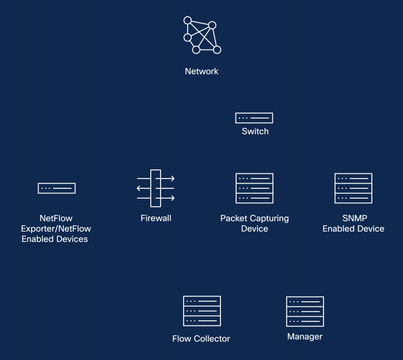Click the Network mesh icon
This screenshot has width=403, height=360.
tap(201, 35)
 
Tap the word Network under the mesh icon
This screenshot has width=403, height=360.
tap(201, 71)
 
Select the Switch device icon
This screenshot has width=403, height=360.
tap(254, 118)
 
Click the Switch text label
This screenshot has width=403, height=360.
tap(254, 131)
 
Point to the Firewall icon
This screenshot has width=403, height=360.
tap(155, 188)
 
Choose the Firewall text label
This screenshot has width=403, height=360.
tap(155, 218)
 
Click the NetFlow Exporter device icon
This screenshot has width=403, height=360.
tap(56, 188)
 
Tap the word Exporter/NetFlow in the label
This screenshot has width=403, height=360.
tap(56, 229)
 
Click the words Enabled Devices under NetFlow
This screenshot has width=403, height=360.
tap(55, 238)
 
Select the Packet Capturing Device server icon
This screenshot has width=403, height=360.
tap(254, 188)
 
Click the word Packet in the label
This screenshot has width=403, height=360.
tap(233, 219)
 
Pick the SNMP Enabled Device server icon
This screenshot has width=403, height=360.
tap(353, 188)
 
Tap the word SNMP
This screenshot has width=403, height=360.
tap(353, 219)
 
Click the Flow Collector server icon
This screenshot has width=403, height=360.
tap(201, 311)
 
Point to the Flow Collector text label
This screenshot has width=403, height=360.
tap(201, 339)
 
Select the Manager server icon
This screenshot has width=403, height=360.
tap(305, 311)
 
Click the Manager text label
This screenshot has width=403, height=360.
tap(305, 336)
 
